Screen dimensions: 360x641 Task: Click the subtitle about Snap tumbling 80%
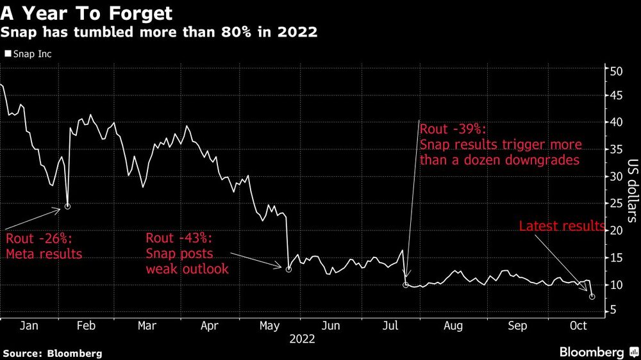tap(159, 31)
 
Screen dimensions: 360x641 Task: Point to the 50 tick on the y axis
tap(615, 71)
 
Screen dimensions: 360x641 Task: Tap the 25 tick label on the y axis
tap(615, 204)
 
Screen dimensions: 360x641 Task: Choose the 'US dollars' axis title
tap(631, 190)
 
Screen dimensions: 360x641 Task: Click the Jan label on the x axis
tap(29, 326)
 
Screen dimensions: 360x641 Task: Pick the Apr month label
tap(210, 326)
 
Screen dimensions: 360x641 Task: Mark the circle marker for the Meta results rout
tap(67, 206)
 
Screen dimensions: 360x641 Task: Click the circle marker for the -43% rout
tap(288, 270)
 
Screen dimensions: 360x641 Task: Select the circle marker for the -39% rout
tap(406, 284)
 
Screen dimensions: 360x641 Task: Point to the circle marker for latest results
tap(592, 297)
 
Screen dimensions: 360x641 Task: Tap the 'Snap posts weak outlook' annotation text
tap(187, 261)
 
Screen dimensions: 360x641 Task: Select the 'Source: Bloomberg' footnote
tap(52, 353)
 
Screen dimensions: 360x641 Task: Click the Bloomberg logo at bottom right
tap(592, 352)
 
